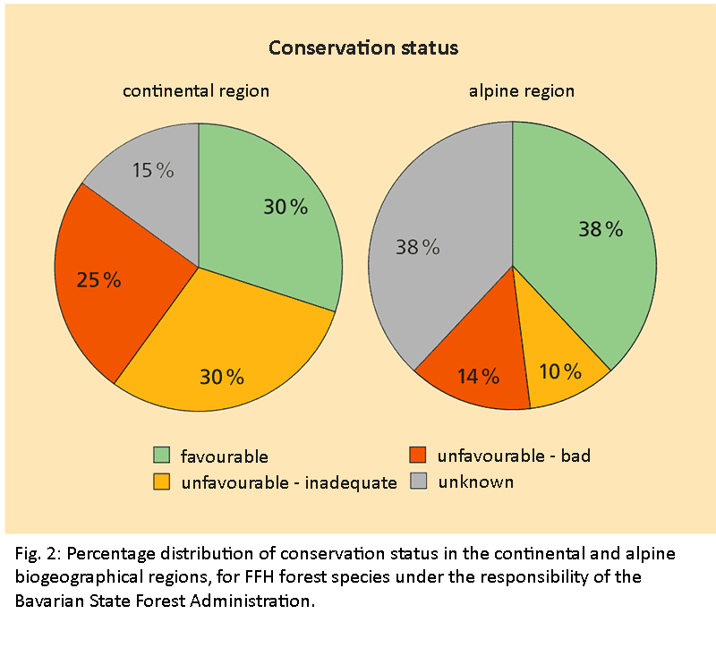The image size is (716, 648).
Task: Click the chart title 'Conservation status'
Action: (363, 47)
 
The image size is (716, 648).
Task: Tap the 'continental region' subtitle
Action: (196, 90)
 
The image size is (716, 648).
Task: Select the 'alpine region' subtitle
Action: (522, 90)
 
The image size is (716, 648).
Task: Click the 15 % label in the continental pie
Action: (153, 170)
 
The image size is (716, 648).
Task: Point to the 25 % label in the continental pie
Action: (98, 280)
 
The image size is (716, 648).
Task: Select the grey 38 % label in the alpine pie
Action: (418, 247)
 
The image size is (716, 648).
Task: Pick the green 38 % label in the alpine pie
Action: (601, 229)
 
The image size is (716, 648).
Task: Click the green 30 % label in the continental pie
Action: (286, 207)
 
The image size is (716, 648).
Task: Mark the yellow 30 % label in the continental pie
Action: (222, 377)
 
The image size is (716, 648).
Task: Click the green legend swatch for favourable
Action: (162, 456)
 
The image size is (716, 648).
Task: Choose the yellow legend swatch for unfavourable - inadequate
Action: (162, 482)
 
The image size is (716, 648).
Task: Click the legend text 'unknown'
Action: (476, 482)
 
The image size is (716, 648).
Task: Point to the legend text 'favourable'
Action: (224, 456)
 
